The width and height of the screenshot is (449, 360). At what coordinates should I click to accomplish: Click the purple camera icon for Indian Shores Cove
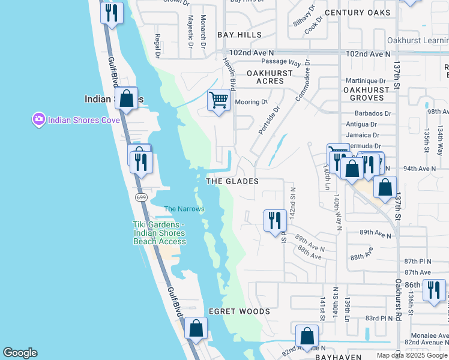[x=39, y=119]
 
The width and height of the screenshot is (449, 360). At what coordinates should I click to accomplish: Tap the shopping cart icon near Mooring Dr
[x=219, y=100]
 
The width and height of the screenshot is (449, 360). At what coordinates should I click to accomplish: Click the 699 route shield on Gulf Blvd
[x=141, y=197]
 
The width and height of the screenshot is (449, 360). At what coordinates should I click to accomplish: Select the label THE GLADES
[x=232, y=181]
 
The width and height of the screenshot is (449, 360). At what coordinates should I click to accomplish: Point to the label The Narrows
[x=184, y=209]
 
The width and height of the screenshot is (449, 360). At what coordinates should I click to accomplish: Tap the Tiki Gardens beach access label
[x=159, y=233]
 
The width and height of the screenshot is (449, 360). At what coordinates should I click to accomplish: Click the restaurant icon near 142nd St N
[x=275, y=220]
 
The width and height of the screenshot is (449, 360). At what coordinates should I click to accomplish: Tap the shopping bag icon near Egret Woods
[x=196, y=328]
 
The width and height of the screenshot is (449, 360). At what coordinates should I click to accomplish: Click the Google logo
[x=20, y=353]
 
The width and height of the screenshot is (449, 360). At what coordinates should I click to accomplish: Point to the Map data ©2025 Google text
[x=412, y=355]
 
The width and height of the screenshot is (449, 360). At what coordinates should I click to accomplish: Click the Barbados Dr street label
[x=368, y=113]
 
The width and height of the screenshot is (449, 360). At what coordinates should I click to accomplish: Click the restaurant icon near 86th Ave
[x=433, y=290]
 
